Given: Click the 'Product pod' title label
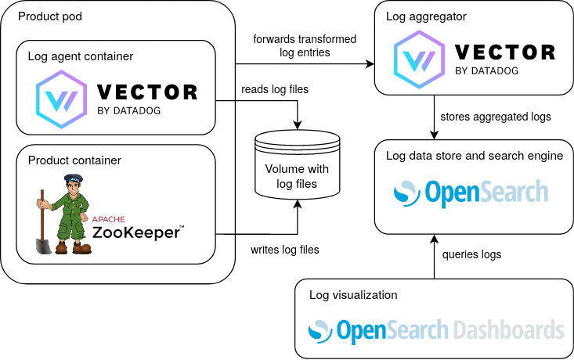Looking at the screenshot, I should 49,16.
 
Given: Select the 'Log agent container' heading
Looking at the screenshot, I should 80,56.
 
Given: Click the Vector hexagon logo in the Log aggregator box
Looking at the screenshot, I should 417,57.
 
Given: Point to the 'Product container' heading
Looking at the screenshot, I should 74,160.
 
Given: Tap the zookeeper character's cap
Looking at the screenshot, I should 74,178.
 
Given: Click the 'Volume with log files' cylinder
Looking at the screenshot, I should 297,167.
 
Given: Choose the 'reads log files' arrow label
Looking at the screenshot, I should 275,89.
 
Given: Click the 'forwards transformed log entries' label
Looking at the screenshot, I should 305,45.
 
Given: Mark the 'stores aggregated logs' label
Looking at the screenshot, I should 496,117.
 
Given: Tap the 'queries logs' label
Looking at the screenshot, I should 471,254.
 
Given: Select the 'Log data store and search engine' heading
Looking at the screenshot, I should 475,155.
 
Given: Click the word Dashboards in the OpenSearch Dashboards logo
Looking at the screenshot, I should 508,329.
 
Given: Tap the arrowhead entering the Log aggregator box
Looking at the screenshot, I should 370,63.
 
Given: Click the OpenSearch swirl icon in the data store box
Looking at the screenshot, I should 406,193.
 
